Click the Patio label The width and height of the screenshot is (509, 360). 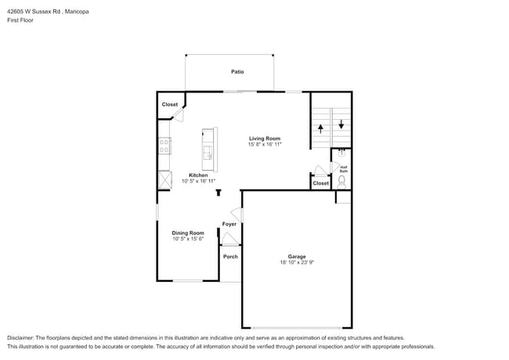point(237,72)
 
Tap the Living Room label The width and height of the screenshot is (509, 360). point(265,139)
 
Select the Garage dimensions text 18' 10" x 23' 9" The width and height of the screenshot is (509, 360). point(297,262)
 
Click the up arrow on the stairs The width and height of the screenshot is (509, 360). point(321,129)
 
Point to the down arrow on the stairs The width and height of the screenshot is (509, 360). point(341,124)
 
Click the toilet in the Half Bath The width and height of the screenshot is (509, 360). point(341,182)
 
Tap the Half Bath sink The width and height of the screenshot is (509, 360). point(341,153)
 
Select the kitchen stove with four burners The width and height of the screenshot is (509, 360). point(165,146)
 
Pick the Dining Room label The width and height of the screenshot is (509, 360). point(188,233)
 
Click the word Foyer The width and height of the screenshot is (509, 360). point(229,224)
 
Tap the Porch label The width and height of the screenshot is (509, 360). point(230,257)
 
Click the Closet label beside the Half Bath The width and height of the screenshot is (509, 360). point(321,183)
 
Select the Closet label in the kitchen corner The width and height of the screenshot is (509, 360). point(170,104)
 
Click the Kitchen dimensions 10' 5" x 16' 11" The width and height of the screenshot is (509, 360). point(198,181)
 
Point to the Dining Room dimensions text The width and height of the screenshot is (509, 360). point(188,239)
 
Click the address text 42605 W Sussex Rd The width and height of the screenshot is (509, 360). point(34,12)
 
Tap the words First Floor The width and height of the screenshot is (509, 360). point(20,20)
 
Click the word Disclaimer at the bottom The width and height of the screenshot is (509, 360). point(20,338)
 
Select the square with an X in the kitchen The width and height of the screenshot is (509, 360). point(165,180)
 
